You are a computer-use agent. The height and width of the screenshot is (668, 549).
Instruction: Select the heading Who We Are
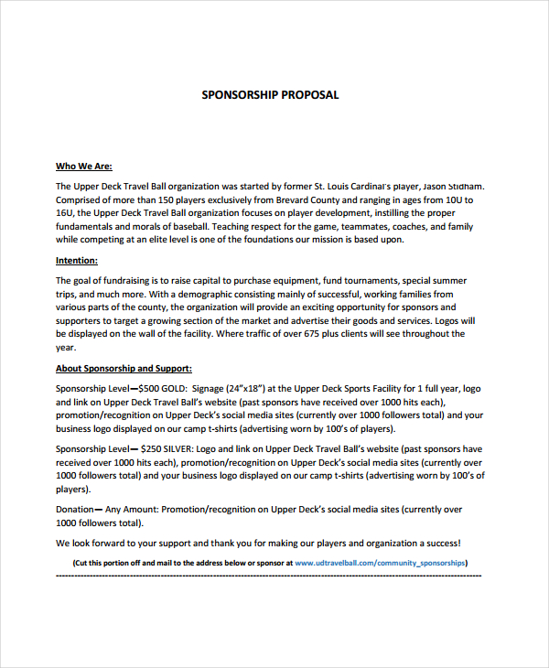tap(83, 167)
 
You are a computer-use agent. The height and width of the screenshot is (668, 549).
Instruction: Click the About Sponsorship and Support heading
tap(124, 369)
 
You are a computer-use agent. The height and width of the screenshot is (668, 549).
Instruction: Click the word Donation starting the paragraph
tap(74, 510)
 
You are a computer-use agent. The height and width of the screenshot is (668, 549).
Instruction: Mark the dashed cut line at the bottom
tap(269, 576)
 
